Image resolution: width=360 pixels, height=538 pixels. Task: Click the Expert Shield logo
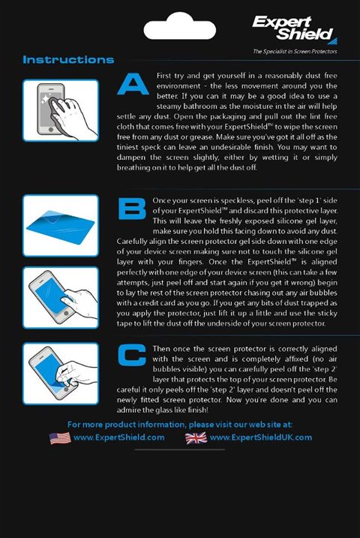295,30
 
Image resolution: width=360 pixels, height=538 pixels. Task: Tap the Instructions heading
68,60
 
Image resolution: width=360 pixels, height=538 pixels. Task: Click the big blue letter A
133,84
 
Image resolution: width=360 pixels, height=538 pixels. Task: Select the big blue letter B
132,209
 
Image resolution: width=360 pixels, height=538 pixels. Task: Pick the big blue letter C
132,355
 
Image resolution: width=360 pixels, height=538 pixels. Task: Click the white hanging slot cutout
180,26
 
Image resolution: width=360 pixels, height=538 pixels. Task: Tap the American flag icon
60,437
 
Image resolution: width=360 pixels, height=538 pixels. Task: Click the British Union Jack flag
196,437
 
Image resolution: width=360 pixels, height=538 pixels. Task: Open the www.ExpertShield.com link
119,437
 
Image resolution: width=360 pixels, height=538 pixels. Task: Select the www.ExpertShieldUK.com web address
261,437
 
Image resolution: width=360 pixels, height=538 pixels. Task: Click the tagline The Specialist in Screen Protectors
295,52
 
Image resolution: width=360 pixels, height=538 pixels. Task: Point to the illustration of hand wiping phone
61,110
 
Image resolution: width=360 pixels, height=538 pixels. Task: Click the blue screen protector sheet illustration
61,225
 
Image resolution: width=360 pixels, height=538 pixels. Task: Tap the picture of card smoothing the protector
61,298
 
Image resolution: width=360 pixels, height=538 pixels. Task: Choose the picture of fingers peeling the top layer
61,374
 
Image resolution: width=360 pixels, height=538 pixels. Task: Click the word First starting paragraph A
164,76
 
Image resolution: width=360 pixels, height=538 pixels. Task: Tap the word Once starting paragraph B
160,200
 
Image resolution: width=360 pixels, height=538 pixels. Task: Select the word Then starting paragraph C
161,349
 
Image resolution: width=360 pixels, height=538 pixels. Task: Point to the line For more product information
180,425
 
